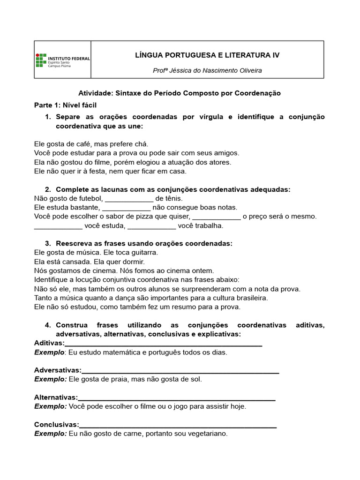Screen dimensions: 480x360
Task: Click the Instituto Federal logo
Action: click(x=62, y=60)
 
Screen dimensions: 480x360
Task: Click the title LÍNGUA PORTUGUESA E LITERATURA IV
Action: click(x=207, y=55)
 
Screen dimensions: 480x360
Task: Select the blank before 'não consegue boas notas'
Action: click(x=126, y=208)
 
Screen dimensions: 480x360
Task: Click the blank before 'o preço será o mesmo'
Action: click(x=217, y=217)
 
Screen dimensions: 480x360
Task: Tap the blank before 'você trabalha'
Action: click(x=152, y=226)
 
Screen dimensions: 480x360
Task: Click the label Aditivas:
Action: click(x=49, y=344)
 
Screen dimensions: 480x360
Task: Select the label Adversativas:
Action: click(x=58, y=371)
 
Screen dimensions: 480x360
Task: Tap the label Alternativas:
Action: click(x=56, y=398)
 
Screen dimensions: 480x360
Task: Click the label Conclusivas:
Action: click(x=56, y=425)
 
